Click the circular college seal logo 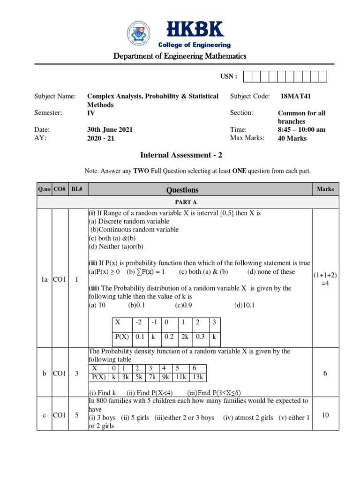click(x=141, y=34)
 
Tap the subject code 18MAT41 click(x=295, y=96)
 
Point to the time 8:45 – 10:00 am click(x=302, y=130)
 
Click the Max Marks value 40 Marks click(x=292, y=138)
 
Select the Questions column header click(x=182, y=190)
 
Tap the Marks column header click(x=325, y=189)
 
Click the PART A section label click(x=182, y=202)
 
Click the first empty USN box click(x=248, y=76)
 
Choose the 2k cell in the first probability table click(x=185, y=337)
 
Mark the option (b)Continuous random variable click(x=134, y=230)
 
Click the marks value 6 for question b click(x=325, y=373)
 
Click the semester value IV click(x=91, y=113)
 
